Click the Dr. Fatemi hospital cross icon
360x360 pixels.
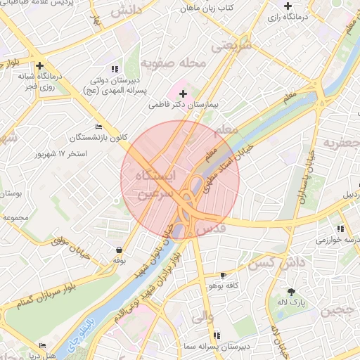point(183,94)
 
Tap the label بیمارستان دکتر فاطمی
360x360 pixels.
point(184,105)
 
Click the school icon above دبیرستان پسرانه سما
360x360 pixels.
point(216,335)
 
